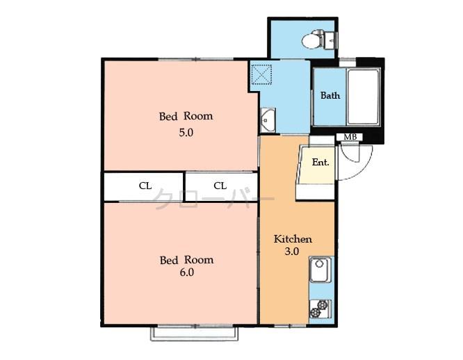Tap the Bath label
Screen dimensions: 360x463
(x=330, y=95)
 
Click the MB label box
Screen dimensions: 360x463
(x=350, y=137)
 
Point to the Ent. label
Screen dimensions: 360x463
(x=320, y=162)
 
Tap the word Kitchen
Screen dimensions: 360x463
(x=292, y=238)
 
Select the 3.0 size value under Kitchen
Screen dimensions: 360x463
(x=292, y=252)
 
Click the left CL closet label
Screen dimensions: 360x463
(x=145, y=186)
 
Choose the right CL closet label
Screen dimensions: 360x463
(x=220, y=186)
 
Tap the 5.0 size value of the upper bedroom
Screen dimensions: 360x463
(x=186, y=132)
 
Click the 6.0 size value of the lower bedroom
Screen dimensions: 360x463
(x=186, y=272)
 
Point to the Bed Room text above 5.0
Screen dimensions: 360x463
(x=186, y=116)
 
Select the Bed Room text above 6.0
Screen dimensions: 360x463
(x=186, y=260)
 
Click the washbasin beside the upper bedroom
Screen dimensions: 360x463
(x=268, y=120)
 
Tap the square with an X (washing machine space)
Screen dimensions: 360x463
(x=262, y=73)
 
